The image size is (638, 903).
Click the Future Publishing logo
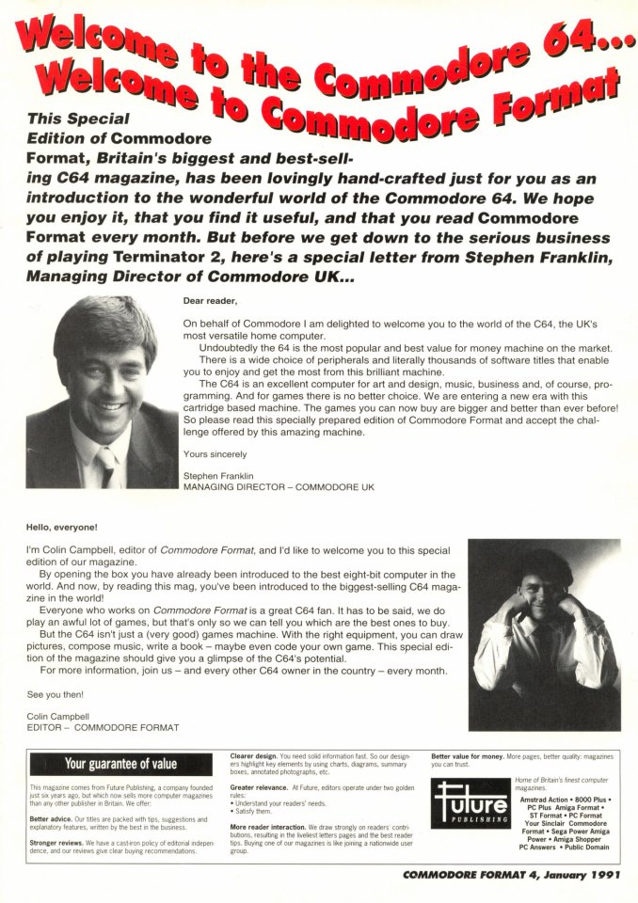point(470,804)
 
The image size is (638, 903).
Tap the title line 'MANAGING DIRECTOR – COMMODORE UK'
point(278,487)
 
